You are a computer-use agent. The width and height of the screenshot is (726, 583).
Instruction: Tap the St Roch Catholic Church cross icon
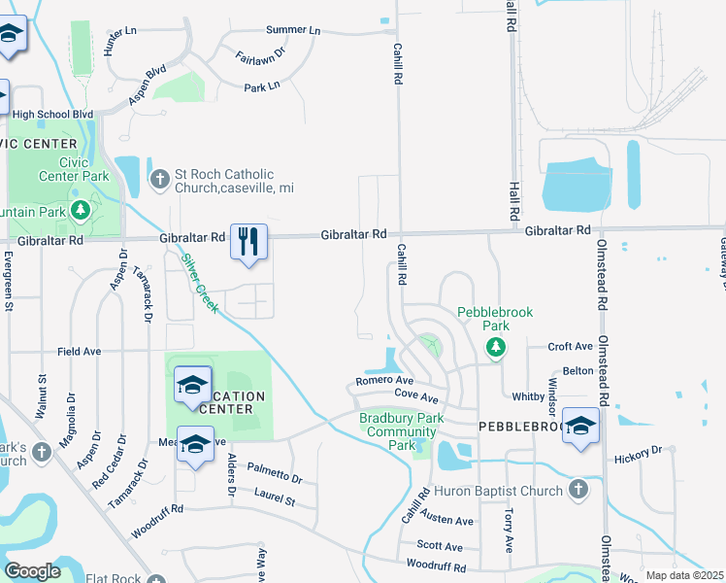(x=160, y=179)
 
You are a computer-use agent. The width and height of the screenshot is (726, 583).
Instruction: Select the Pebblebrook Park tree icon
(x=496, y=346)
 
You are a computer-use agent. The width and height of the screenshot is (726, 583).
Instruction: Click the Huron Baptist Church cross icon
(x=578, y=490)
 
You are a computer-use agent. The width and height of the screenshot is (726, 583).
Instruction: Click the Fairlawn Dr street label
(x=259, y=55)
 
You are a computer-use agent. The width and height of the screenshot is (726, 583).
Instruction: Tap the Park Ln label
(x=261, y=86)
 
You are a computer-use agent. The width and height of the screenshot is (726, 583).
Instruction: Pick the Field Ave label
(x=80, y=351)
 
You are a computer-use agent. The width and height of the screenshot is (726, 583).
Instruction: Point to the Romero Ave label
(x=384, y=381)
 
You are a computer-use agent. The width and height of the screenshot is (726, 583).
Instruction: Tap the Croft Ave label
(x=570, y=346)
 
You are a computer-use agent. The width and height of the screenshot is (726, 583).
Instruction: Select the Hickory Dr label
(x=637, y=451)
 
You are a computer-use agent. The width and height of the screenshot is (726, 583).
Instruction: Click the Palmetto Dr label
(x=274, y=478)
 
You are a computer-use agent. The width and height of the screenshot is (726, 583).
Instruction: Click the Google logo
(x=32, y=571)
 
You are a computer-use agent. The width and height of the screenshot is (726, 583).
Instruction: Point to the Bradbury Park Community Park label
(x=401, y=431)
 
